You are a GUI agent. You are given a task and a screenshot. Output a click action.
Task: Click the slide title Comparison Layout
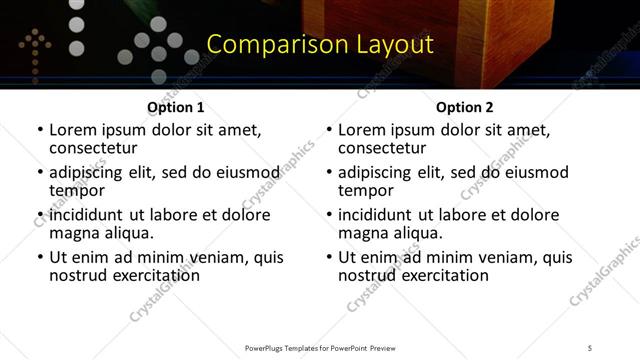pos(320,45)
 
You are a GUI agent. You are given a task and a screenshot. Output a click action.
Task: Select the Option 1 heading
pos(176,107)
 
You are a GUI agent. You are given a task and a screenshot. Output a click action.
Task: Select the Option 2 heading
pos(465,107)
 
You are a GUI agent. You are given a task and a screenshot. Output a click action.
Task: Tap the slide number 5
pos(590,347)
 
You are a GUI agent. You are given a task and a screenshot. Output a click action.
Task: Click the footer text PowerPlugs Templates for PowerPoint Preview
pos(319,347)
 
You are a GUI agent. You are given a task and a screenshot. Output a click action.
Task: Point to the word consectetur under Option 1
pos(92,148)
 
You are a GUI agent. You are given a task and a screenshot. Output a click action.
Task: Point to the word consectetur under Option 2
pos(381,148)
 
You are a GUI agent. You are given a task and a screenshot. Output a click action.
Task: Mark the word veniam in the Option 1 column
pos(198,257)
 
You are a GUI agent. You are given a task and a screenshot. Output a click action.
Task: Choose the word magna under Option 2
pos(364,233)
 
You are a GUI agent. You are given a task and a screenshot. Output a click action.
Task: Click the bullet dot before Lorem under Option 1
pos(39,131)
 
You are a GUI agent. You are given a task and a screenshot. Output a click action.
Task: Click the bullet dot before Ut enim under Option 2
pos(328,258)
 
